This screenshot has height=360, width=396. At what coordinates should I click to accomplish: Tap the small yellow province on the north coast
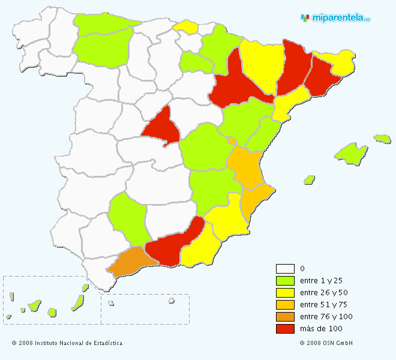coord(185,26)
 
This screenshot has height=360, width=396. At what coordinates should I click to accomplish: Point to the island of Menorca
coord(382,139)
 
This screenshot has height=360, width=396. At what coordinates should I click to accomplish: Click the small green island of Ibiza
coord(310,179)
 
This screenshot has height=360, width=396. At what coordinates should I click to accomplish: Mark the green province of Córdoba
coord(127,217)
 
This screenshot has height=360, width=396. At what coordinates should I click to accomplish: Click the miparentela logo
coord(335,17)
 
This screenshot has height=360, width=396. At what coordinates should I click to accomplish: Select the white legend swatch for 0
coord(285,269)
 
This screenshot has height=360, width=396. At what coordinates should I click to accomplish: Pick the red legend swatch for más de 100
coord(285,329)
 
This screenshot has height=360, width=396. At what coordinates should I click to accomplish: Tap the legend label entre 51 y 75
coord(323,305)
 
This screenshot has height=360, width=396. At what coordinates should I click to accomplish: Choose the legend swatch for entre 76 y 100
coord(285,317)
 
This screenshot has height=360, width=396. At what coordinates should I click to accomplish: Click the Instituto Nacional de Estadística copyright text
coord(67,343)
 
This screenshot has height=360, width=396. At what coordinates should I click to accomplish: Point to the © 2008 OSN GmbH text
coord(326,343)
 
